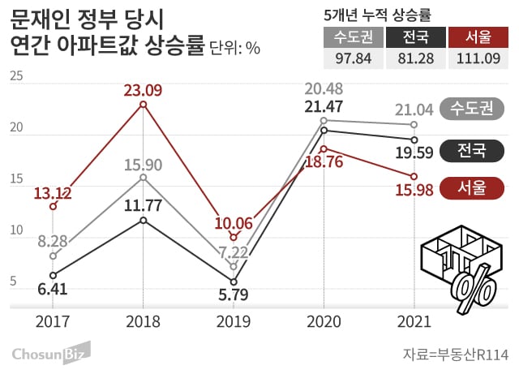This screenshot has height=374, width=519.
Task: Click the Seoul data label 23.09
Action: [x=144, y=88]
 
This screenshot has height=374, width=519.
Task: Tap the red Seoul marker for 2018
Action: [x=144, y=105]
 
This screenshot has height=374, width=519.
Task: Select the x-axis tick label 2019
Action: [x=234, y=320]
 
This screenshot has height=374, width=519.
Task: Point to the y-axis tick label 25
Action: [x=16, y=76]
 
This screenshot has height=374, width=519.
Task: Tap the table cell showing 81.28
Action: [x=414, y=59]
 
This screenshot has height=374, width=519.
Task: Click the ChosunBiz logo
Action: [x=50, y=353]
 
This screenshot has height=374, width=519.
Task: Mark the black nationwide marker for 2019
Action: [x=234, y=282]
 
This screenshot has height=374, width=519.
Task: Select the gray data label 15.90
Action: [x=144, y=166]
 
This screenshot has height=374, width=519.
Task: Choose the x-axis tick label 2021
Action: [x=414, y=320]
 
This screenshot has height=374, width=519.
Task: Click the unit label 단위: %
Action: [x=234, y=49]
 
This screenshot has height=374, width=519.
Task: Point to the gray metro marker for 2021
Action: [x=414, y=124]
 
